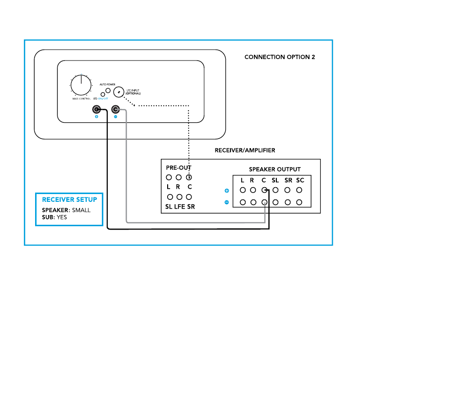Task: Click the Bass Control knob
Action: [81, 86]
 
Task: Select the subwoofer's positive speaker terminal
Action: [97, 110]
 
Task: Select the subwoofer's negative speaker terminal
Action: [116, 110]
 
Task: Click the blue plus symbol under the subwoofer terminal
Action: [96, 117]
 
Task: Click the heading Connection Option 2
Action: [279, 57]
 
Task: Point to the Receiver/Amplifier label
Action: [245, 151]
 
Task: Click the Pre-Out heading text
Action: [178, 167]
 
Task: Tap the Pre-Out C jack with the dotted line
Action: [189, 177]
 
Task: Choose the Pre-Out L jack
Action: [169, 177]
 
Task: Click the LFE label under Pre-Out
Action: [179, 207]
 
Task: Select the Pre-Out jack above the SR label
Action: [189, 197]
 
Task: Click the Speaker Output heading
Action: [275, 170]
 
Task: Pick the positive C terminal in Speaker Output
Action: [264, 191]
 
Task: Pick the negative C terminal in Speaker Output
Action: [264, 202]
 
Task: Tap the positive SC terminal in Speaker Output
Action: [300, 191]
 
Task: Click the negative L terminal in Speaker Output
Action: [242, 202]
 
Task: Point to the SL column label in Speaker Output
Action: [275, 180]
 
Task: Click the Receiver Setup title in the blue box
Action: [69, 199]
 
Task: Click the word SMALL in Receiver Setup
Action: [81, 211]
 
